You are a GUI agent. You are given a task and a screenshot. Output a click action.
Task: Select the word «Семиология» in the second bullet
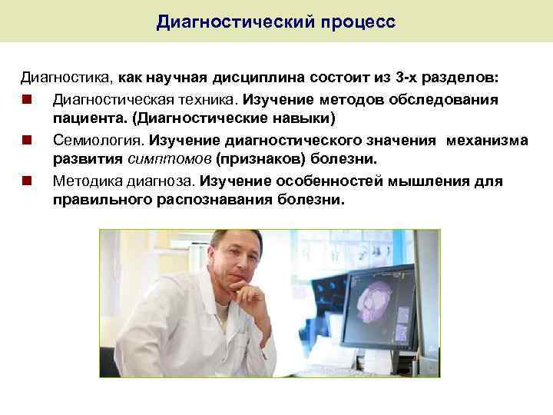[x=98, y=141]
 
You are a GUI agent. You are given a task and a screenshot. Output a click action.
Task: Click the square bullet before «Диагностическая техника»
[x=27, y=100]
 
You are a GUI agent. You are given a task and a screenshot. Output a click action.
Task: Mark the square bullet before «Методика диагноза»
[x=27, y=181]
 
